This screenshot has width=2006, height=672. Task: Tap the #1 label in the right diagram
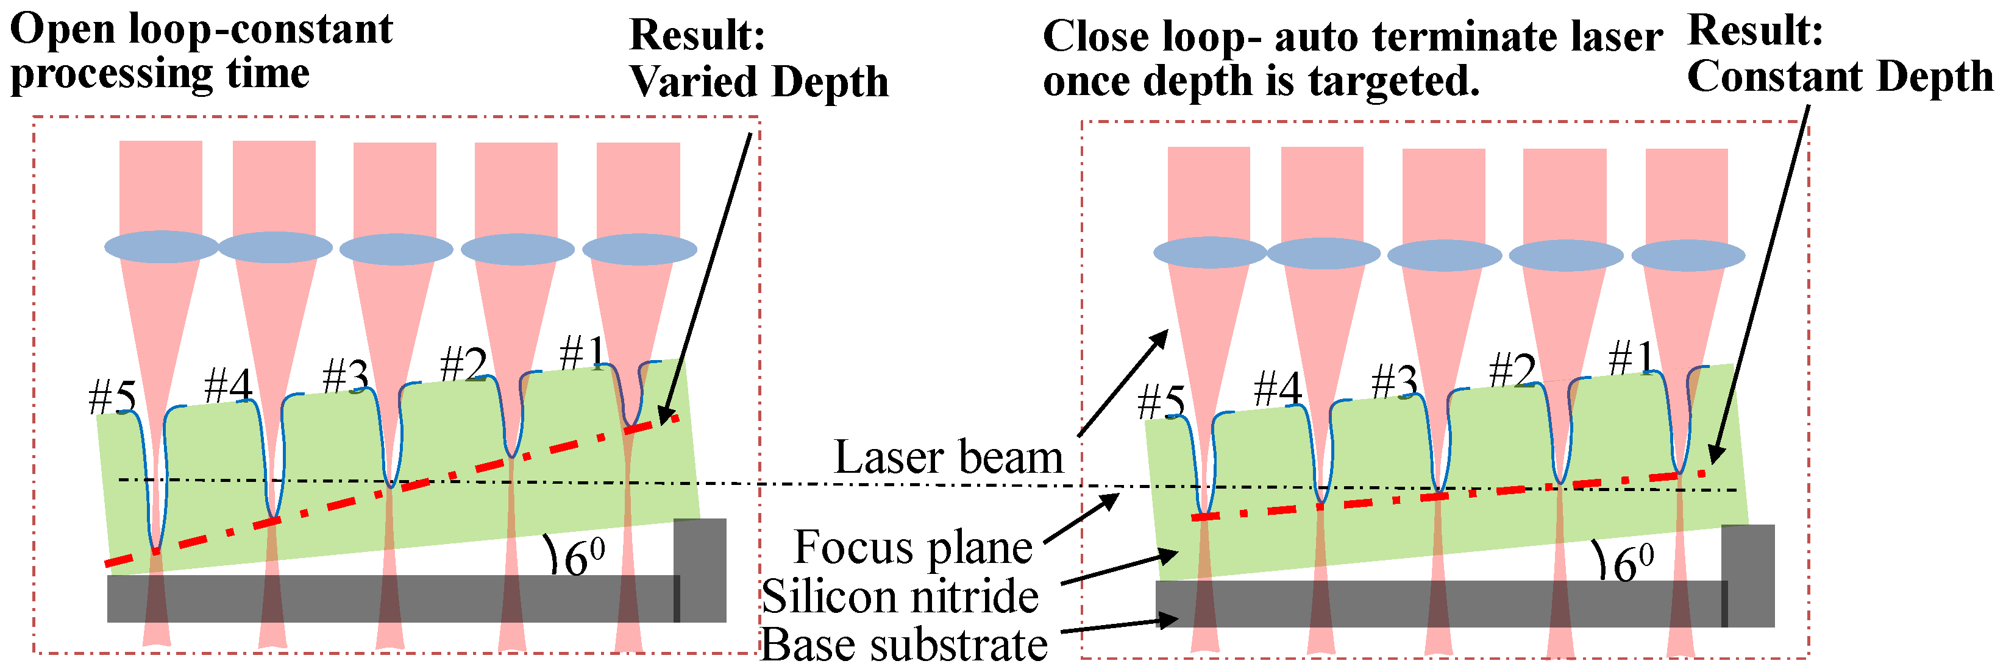tap(1632, 358)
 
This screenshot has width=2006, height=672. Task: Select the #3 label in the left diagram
tap(346, 377)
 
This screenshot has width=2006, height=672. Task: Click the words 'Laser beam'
tap(948, 458)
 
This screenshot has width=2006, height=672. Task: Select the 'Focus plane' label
tap(912, 548)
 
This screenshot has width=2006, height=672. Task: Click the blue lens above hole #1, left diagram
tap(639, 249)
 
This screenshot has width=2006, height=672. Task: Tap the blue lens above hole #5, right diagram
tap(1209, 253)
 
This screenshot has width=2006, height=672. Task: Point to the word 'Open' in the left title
tap(62, 30)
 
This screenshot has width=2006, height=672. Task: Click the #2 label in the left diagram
tap(463, 364)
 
